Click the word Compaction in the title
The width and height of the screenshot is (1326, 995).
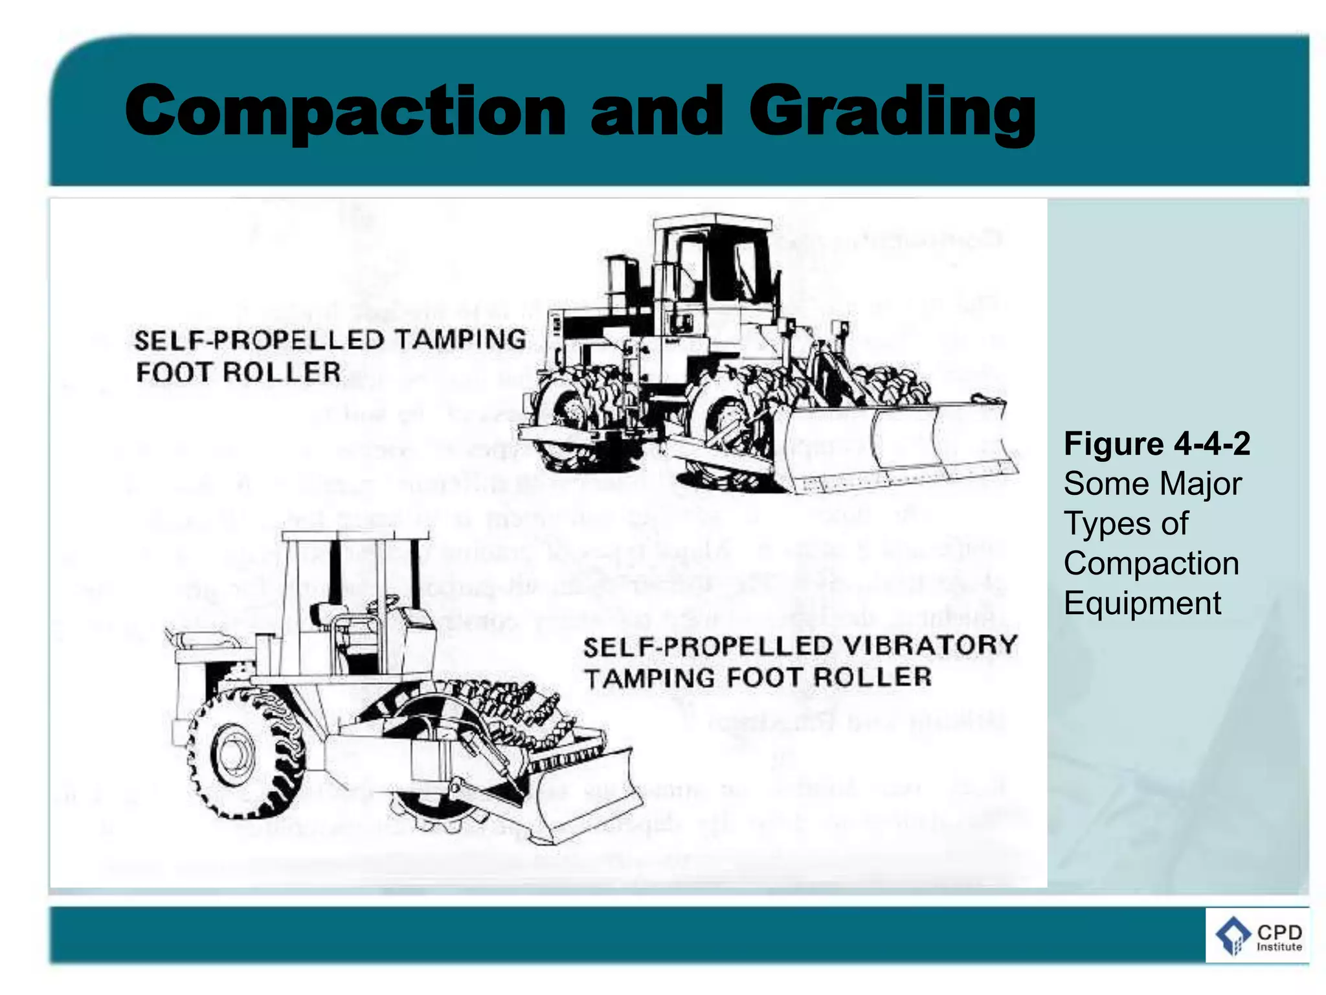pos(345,111)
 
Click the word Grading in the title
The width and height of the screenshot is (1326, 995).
pos(892,111)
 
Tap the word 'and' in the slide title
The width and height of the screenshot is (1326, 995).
pos(656,111)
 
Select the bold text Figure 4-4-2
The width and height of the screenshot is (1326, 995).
pos(1157,444)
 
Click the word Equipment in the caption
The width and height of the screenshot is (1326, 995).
pos(1142,603)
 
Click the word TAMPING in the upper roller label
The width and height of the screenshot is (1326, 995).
pos(460,340)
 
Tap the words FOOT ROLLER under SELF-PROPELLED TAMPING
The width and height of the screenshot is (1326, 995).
pos(238,372)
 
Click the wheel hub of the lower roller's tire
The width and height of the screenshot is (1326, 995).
pos(230,755)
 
